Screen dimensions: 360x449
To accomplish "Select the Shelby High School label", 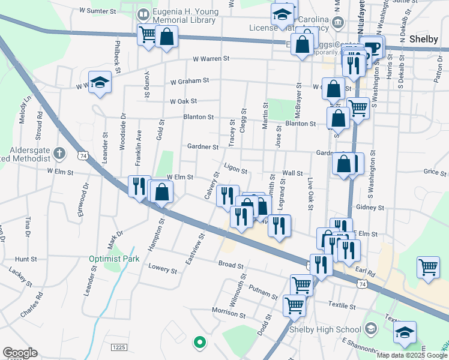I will point(325,329).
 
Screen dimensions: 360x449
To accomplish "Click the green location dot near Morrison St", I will point(199,343).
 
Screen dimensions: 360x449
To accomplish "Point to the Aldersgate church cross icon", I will point(59,153).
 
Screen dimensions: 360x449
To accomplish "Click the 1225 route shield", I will point(119,347).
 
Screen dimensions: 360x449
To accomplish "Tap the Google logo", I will point(20,353).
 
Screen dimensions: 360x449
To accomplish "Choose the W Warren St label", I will point(211,59).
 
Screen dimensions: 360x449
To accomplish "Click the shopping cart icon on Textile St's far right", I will point(427,268).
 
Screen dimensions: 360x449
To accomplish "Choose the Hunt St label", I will point(26,259).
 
